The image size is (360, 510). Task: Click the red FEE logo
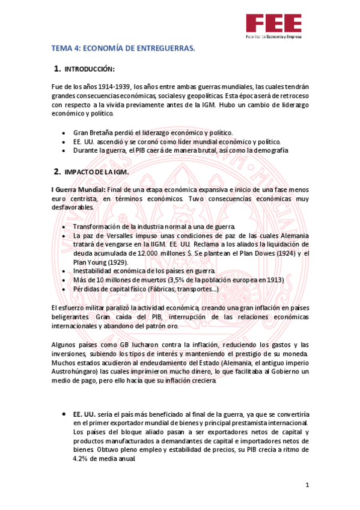(273, 24)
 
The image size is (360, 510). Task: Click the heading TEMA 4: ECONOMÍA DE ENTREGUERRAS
(123, 48)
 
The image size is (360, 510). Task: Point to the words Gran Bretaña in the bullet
(93, 132)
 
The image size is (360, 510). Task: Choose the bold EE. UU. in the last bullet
(84, 415)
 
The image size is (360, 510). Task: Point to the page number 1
(307, 485)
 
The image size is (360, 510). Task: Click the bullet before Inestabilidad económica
(65, 271)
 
